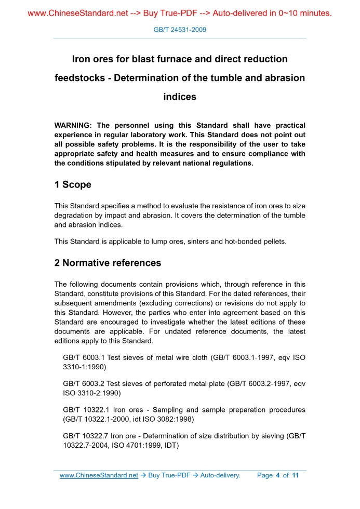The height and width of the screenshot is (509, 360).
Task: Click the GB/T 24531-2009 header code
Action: point(180,30)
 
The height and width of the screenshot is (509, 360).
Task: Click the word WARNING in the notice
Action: point(73,126)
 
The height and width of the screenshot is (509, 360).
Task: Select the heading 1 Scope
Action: point(73,184)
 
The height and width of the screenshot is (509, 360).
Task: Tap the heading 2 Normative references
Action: point(108,263)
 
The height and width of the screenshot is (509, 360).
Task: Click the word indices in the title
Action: point(180,97)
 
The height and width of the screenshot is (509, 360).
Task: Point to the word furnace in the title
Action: point(170,59)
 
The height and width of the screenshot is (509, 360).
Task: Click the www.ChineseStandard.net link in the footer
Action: point(99,475)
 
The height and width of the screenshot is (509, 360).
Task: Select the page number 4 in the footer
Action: point(278,475)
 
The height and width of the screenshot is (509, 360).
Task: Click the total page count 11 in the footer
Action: point(296,475)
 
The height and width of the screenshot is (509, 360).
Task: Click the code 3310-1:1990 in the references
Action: point(83,367)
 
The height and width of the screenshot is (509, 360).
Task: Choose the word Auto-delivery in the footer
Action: point(220,475)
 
